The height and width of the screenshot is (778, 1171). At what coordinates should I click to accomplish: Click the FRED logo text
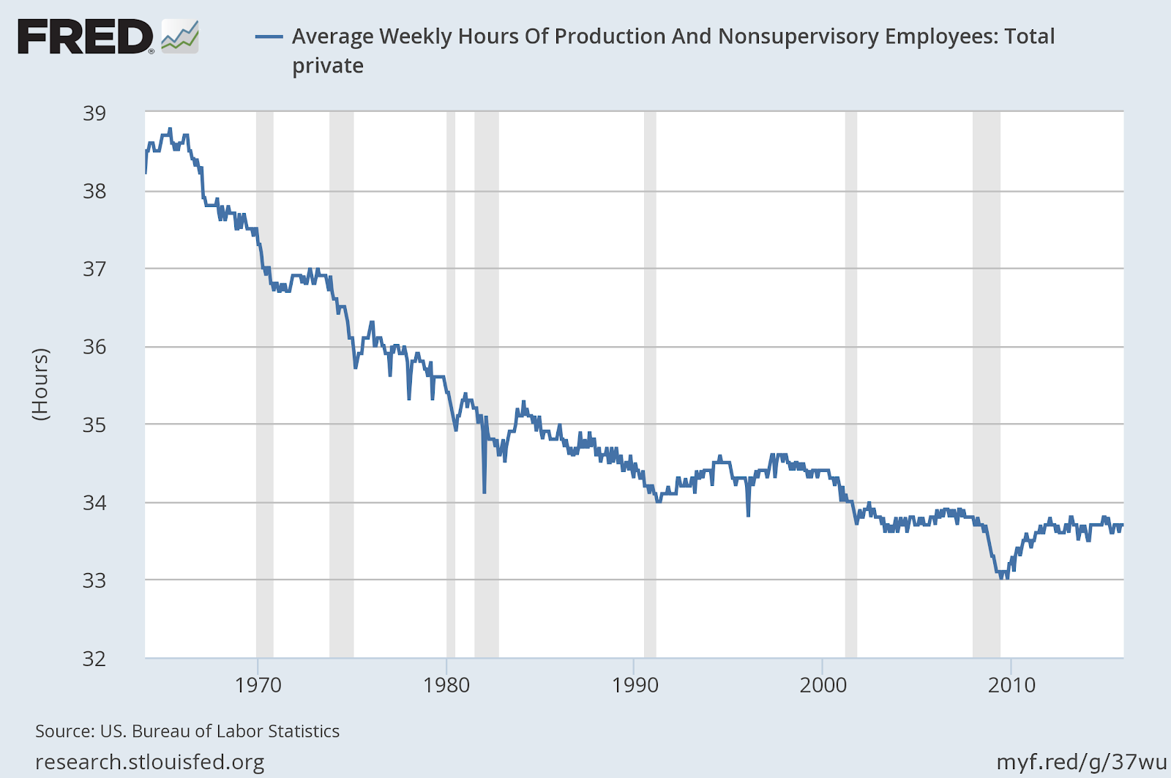point(85,37)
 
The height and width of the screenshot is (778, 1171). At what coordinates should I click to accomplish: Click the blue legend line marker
point(269,37)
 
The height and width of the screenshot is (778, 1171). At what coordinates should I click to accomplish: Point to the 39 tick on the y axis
point(94,113)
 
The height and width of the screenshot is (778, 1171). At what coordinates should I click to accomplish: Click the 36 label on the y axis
point(94,347)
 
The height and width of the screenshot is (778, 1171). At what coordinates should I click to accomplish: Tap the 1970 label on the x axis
point(258,686)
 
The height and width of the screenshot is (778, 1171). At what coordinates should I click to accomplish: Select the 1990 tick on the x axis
point(635,686)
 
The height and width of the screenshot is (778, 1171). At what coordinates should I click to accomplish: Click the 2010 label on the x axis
point(1011,686)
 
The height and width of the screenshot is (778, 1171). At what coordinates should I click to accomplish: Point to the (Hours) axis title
point(41,384)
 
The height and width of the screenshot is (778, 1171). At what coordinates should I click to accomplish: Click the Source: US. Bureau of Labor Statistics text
point(187,731)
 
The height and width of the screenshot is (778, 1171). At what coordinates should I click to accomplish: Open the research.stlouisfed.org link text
point(150,763)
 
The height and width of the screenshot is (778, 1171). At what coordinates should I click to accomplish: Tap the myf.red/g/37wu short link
point(1082,763)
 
